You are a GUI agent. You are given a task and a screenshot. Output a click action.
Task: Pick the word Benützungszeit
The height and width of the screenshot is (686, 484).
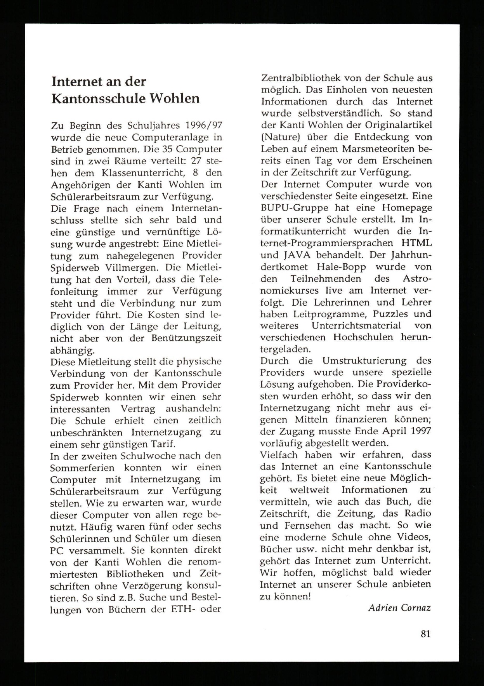tap(186, 338)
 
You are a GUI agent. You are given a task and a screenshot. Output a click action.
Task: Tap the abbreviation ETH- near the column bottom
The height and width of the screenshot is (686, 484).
tap(183, 609)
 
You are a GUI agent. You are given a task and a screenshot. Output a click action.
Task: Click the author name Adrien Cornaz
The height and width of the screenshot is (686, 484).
tap(399, 608)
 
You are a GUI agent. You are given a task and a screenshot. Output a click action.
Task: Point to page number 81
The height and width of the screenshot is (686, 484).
tap(425, 634)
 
